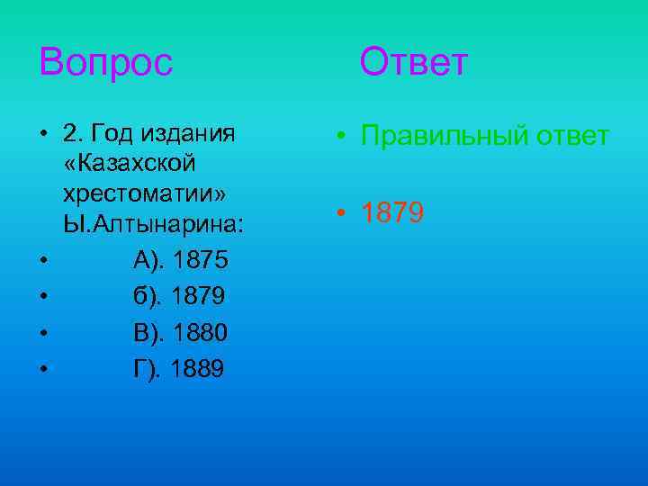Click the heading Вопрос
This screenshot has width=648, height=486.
tap(105, 63)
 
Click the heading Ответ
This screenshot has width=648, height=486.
tap(414, 63)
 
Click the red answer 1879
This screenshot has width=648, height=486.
tap(392, 213)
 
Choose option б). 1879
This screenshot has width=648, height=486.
tap(180, 297)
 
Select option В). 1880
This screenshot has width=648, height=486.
tap(181, 333)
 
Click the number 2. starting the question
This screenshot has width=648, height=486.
tap(72, 134)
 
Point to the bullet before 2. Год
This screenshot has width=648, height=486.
tap(42, 136)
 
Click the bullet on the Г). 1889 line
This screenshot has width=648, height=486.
tap(42, 370)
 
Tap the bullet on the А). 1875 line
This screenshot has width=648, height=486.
tap(42, 262)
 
